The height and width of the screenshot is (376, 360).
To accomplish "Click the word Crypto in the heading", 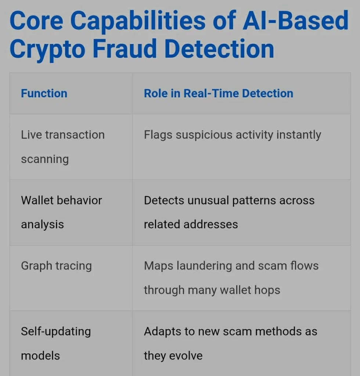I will click(x=48, y=49).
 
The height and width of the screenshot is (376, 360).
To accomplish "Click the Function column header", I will click(x=44, y=93).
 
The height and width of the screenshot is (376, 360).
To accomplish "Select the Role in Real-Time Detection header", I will click(x=219, y=93).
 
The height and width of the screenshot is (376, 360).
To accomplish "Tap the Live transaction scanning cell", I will click(x=62, y=147).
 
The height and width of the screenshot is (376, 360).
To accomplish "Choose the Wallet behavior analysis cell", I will click(x=61, y=212).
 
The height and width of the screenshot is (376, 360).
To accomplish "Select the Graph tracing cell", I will click(x=56, y=266).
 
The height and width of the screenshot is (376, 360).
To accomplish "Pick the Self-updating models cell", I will click(x=56, y=343).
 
